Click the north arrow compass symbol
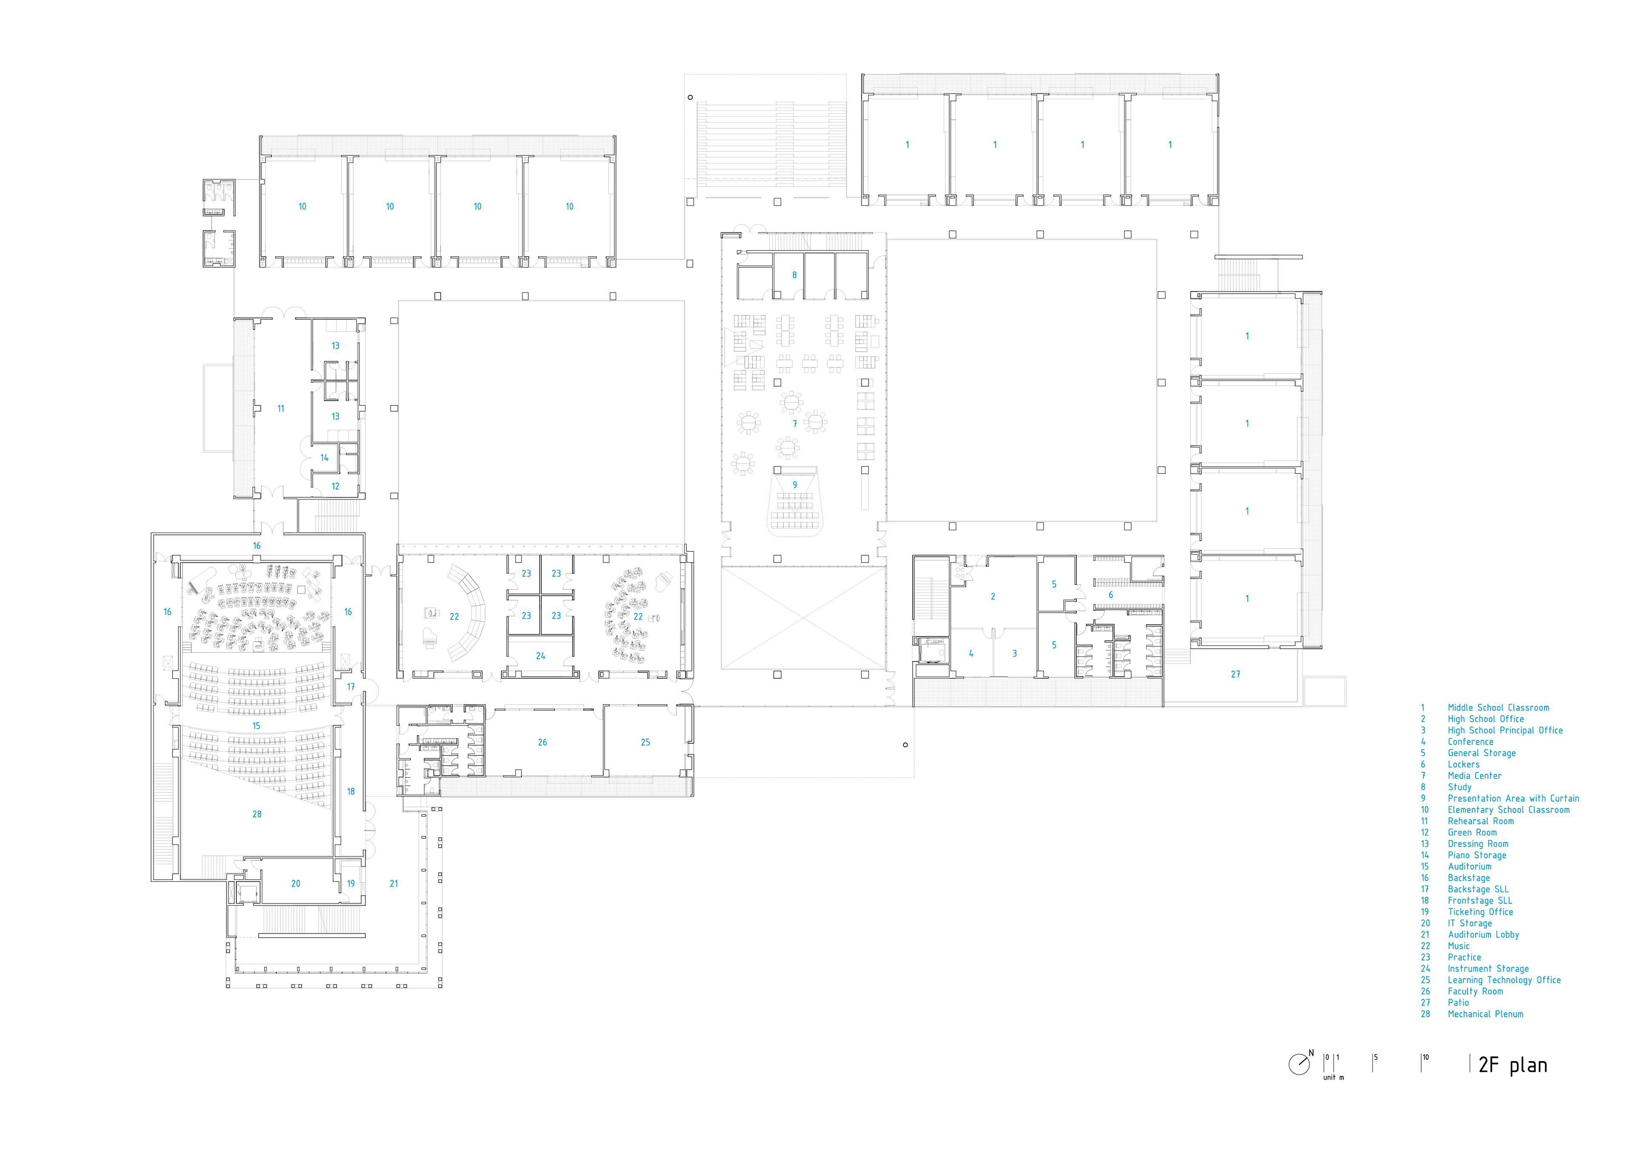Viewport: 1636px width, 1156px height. pos(1299,1064)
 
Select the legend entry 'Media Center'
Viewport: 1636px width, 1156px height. pos(1474,776)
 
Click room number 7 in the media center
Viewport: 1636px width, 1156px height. pos(795,424)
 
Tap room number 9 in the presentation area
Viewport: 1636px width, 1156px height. pos(795,485)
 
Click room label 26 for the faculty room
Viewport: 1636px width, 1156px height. pos(542,742)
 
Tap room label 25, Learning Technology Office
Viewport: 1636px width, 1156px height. pos(645,742)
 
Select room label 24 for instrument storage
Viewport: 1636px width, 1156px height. pos(540,656)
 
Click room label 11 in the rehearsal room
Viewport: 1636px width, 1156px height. pos(281,409)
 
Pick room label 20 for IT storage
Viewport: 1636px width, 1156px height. pos(296,883)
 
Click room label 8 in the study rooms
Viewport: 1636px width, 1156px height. pos(795,275)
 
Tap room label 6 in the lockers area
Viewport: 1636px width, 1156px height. pos(1110,595)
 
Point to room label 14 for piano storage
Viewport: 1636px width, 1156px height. pos(324,458)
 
